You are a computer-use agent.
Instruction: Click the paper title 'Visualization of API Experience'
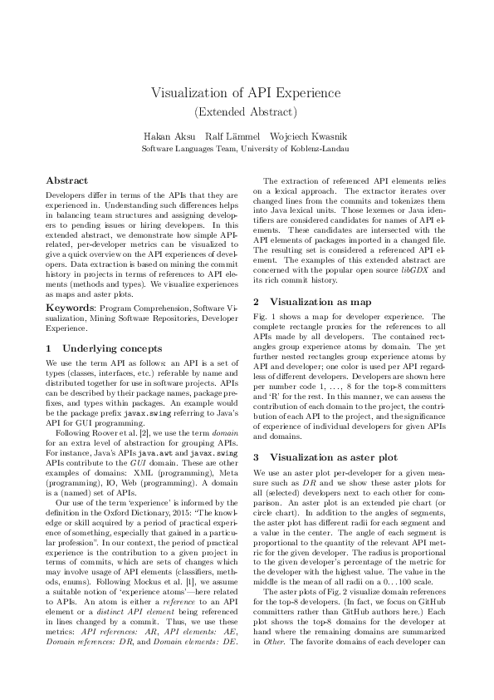coord(247,92)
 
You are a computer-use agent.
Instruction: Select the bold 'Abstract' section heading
coord(66,180)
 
